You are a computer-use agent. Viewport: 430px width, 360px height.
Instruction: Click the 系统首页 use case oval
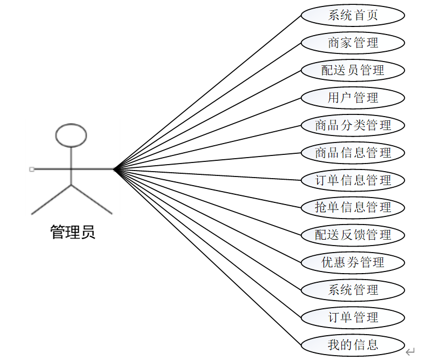pos(353,15)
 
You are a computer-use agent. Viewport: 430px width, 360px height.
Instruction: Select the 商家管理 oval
pos(353,43)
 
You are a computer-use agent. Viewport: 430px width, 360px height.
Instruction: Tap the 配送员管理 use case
pos(353,70)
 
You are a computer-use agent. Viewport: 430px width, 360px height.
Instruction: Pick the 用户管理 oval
pos(353,98)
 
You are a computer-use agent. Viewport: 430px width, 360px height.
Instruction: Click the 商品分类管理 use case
pos(353,125)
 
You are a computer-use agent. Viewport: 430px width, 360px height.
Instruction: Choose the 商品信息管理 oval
pos(353,153)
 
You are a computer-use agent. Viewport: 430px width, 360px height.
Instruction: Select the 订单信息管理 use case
pos(353,180)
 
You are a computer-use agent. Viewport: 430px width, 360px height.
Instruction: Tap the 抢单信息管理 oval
pos(353,207)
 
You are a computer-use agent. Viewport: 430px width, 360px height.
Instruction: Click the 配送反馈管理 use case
pos(353,235)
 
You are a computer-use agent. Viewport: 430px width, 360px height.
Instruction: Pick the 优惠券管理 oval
pos(353,262)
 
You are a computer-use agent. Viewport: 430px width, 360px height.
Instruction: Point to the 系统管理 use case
pos(353,290)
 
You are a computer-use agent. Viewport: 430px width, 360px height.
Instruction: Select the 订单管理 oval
pos(353,317)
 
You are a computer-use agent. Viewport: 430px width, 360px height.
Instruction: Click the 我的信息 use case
pos(353,344)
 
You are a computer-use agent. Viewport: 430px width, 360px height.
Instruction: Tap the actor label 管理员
pos(72,233)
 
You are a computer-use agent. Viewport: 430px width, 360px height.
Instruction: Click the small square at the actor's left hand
pos(32,169)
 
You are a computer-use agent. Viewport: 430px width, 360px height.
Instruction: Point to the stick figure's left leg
pos(52,199)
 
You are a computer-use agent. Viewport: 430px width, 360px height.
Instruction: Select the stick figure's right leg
pos(91,199)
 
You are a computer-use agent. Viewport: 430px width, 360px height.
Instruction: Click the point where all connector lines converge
pos(114,169)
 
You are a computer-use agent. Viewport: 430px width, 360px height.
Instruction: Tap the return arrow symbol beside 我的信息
pos(411,351)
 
